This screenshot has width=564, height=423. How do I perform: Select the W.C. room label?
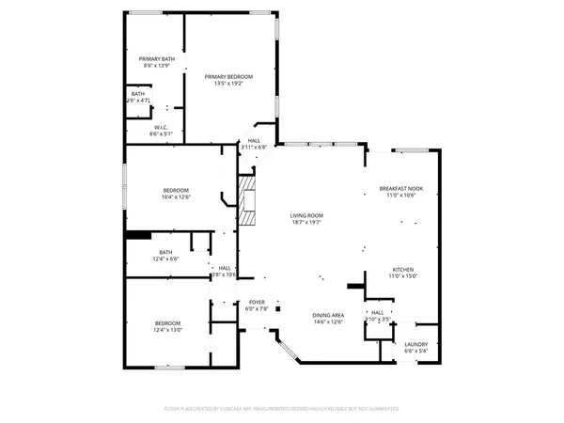tap(161, 127)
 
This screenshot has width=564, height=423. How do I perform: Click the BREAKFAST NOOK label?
tap(401, 188)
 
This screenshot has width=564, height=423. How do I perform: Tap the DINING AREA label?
tap(328, 315)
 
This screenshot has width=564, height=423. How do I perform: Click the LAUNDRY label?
tap(415, 343)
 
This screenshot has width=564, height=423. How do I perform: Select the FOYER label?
tap(257, 302)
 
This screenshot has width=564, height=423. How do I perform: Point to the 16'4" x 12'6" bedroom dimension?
tap(176, 197)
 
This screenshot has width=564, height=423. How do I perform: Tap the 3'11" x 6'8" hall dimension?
tap(254, 148)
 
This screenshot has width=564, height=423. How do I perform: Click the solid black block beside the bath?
tap(138, 236)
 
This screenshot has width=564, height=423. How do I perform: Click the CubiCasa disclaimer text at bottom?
tap(282, 409)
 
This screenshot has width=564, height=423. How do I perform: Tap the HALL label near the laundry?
tap(378, 312)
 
